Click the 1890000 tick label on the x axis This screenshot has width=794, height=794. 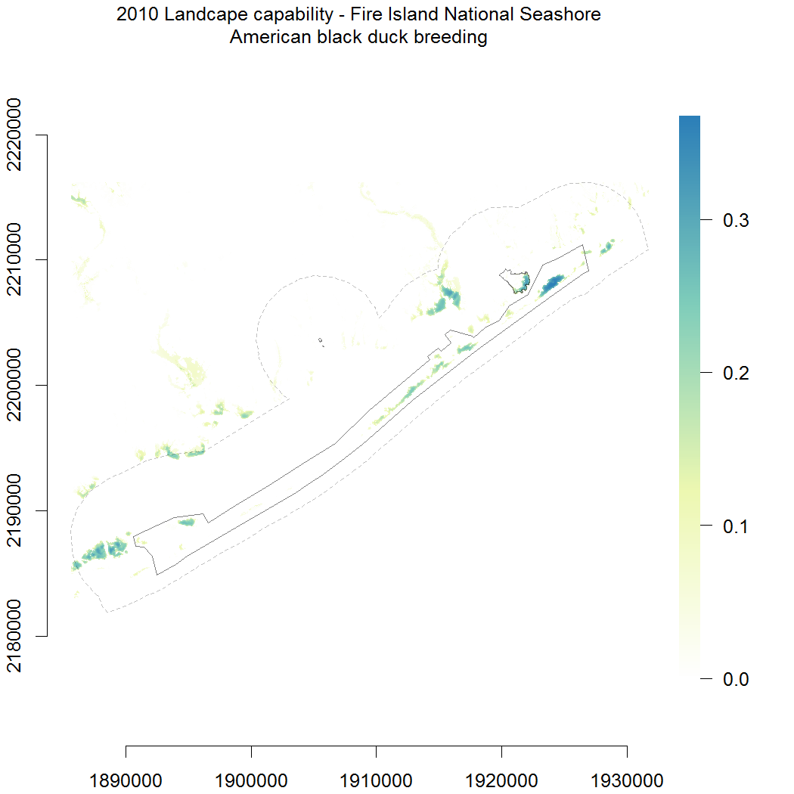point(126,780)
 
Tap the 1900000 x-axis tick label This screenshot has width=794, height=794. point(251,780)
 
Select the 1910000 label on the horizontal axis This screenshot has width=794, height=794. point(377,780)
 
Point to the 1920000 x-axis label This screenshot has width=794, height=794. point(501,780)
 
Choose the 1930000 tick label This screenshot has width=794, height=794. point(627,780)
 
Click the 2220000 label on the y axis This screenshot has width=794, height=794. point(14,135)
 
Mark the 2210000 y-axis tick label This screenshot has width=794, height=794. point(14,259)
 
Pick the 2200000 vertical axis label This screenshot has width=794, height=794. point(14,385)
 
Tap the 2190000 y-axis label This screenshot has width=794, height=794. point(14,510)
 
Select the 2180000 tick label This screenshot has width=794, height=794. point(14,635)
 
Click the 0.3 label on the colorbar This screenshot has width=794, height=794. point(736,220)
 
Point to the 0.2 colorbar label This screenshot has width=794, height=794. point(736,374)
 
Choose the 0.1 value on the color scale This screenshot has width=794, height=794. point(736,526)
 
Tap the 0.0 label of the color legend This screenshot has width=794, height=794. point(736,679)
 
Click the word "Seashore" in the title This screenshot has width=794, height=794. point(560,14)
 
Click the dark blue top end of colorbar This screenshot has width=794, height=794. point(690,119)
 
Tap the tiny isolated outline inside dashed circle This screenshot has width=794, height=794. point(321,341)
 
